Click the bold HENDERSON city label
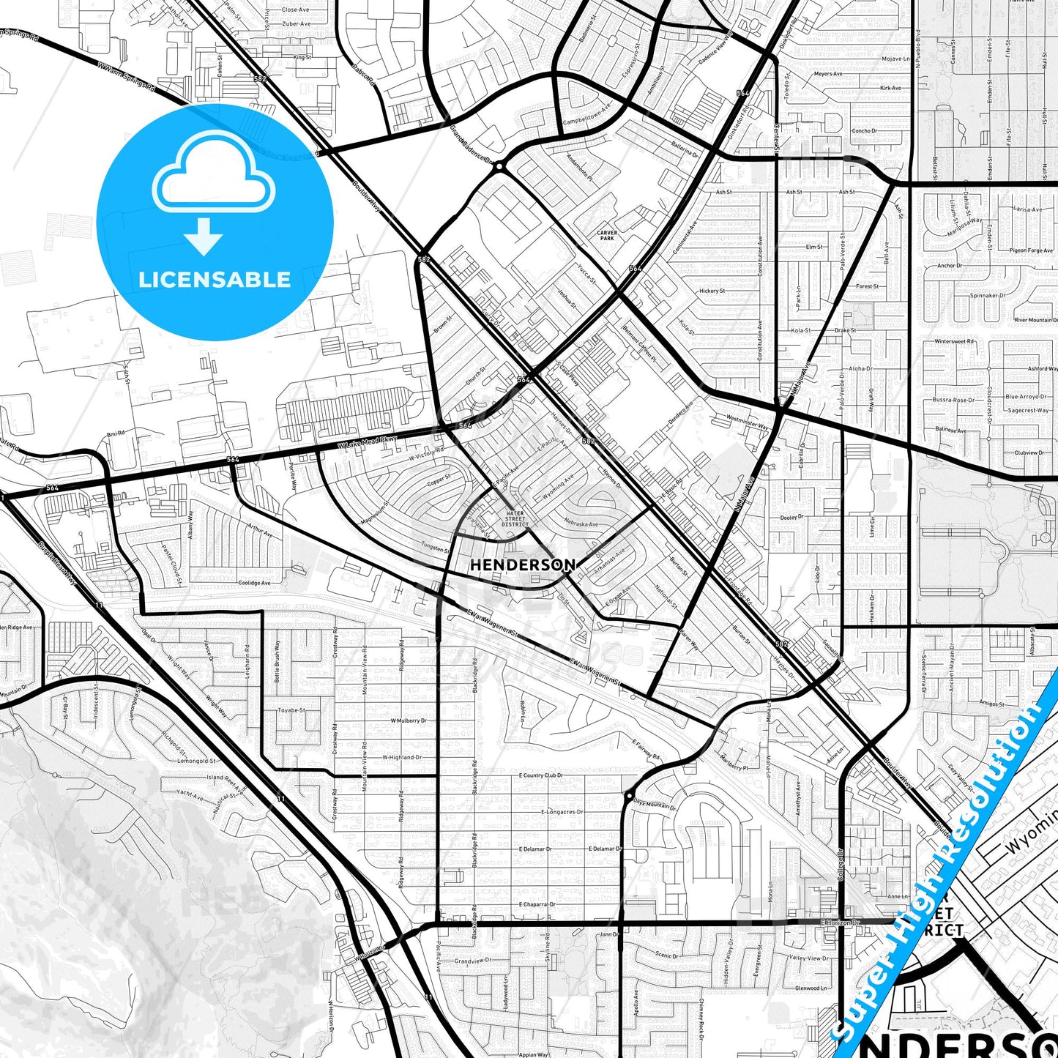522,565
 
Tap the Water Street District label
515,519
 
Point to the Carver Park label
607,235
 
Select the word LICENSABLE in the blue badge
215,280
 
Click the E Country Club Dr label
541,775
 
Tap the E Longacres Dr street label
562,812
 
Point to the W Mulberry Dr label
409,720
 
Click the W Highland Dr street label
402,757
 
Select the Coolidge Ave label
254,583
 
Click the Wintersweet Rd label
954,341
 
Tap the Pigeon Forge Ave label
1031,250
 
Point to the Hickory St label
712,291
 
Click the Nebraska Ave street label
581,524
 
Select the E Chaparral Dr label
537,904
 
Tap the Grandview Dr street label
473,961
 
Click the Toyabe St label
292,710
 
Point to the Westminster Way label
748,422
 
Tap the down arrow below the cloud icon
204,237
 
